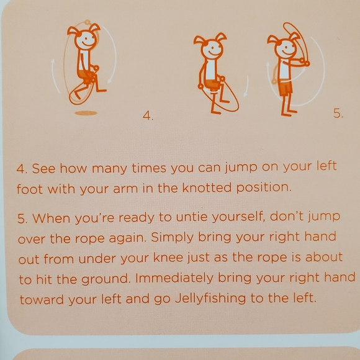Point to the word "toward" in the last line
point(41,299)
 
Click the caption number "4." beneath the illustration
point(148,115)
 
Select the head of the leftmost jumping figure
point(84,39)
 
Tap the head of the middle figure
point(210,49)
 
